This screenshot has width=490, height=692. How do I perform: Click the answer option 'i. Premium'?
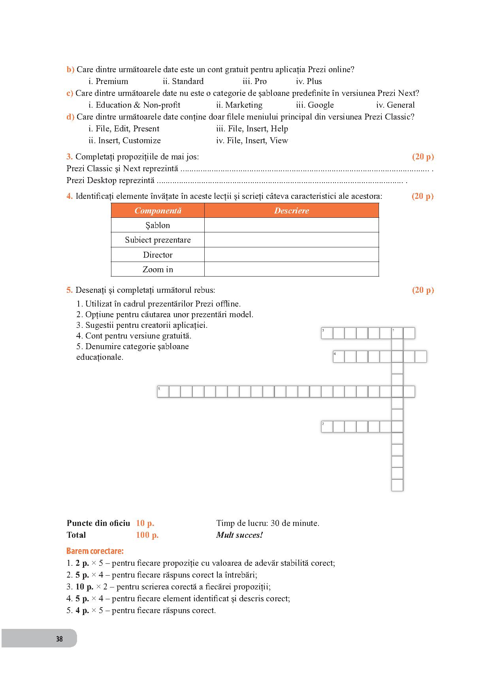108,81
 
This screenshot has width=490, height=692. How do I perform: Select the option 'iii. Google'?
315,105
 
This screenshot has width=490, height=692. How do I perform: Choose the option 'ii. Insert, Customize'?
124,140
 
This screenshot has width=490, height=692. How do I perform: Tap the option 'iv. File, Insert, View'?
252,140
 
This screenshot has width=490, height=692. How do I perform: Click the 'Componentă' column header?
158,211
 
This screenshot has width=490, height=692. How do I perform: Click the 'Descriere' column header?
292,211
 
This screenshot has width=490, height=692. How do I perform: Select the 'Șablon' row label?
158,225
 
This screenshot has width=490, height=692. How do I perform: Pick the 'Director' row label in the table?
158,255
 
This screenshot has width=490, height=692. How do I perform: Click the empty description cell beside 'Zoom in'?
292,269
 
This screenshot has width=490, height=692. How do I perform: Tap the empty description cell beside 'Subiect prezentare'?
292,240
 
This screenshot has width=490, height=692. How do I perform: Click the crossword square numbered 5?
163,392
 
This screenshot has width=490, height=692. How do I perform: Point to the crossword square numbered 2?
327,426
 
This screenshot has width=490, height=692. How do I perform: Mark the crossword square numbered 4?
339,357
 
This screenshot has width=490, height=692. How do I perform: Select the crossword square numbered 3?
327,333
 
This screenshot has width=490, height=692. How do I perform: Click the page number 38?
59,639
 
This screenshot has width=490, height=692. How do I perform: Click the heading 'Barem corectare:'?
95,551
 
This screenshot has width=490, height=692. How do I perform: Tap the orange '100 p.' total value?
147,535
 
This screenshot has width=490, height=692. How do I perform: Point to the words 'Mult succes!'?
239,535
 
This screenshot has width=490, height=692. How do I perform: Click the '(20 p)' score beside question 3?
423,157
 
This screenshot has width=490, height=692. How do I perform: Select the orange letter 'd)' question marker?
70,117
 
